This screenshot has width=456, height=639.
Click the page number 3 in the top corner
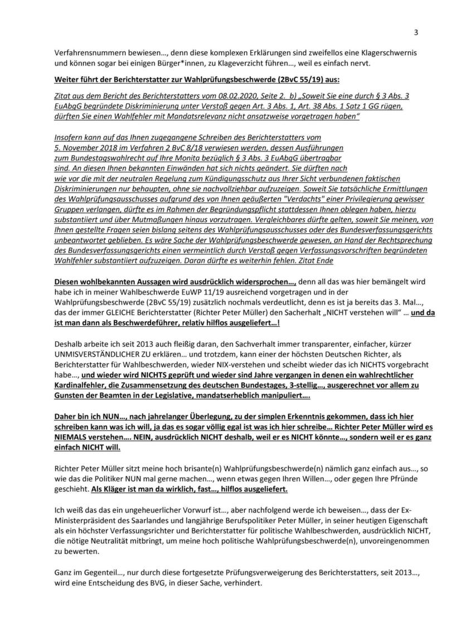point(416,32)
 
